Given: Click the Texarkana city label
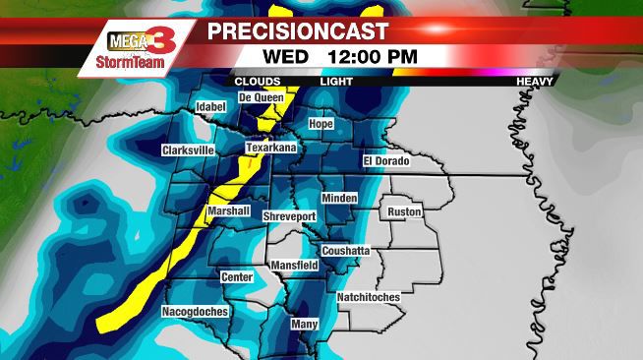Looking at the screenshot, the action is click(x=270, y=148).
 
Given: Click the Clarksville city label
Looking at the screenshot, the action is click(x=188, y=150).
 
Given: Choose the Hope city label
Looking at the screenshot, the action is click(x=321, y=124).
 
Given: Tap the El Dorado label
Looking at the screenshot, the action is click(x=385, y=160).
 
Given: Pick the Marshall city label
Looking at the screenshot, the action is click(x=229, y=211).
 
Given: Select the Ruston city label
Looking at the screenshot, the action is click(x=404, y=211).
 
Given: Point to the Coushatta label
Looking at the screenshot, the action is click(x=345, y=250).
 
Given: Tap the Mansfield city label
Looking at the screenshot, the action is click(x=293, y=266).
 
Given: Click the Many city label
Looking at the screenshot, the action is click(x=305, y=323).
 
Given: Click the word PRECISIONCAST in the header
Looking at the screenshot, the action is click(x=298, y=31).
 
